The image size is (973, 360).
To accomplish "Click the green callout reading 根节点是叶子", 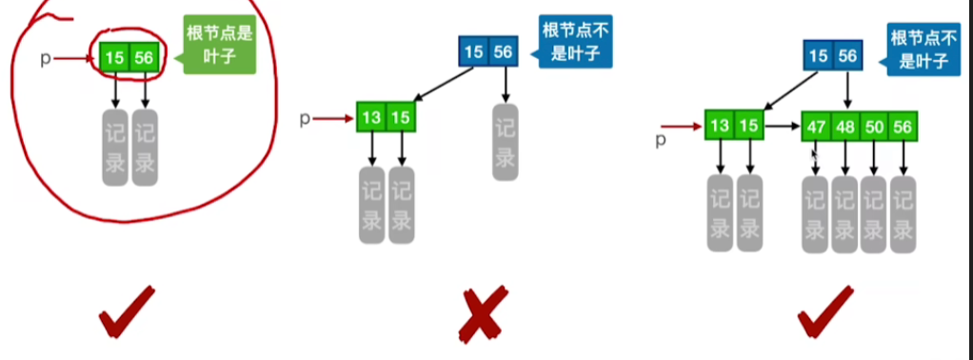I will click(x=221, y=47).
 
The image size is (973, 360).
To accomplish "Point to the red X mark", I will click(x=484, y=316).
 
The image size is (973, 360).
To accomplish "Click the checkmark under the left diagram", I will click(x=126, y=311).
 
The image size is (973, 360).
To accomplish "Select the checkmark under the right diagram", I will click(x=825, y=311).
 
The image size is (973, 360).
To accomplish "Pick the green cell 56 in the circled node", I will click(x=145, y=59).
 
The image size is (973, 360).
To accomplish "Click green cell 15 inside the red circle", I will click(x=116, y=59).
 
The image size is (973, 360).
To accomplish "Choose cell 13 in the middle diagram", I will click(x=372, y=118).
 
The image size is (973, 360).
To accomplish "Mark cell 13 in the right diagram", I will click(x=720, y=125).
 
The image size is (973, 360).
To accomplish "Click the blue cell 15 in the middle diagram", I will click(x=474, y=50).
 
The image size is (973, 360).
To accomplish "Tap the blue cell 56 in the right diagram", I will click(x=846, y=56).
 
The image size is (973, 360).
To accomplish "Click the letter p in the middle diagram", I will click(x=306, y=119).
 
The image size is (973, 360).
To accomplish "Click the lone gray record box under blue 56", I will click(x=504, y=142).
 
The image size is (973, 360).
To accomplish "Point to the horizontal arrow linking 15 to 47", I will click(x=783, y=125).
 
